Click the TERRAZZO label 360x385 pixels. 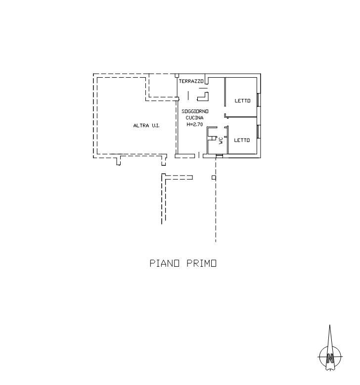pos(191,81)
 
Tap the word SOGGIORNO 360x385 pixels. pos(195,111)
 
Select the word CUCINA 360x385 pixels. pos(194,118)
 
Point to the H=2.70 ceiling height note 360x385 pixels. pos(195,124)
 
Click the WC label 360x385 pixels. pos(221,141)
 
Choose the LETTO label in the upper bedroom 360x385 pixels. pos(242,100)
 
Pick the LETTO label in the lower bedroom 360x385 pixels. pos(242,140)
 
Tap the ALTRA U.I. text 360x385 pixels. pos(146,126)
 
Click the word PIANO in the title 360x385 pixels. pos(164,263)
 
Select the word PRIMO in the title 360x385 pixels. pos(201,263)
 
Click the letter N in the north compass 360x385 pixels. pos(330,358)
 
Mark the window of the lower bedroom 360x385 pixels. pos(259,131)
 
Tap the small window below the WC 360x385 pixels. pos(219,156)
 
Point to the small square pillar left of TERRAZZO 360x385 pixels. pos(177,76)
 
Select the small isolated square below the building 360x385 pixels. pos(214,177)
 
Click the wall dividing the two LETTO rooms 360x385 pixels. pos(241,117)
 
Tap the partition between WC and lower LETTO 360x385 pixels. pos(228,140)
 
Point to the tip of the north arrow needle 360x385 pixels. pos(329,325)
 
